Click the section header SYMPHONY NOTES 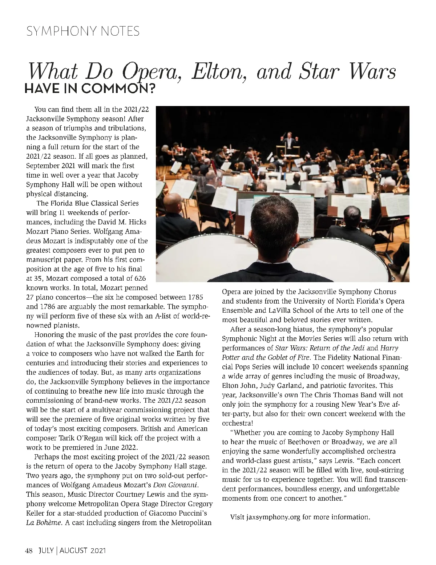point(82,31)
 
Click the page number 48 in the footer point(29,551)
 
